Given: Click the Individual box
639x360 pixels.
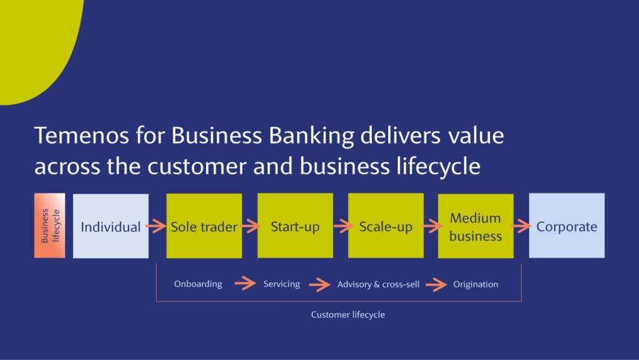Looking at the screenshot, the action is click(x=110, y=226).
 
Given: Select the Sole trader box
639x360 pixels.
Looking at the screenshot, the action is click(x=204, y=226).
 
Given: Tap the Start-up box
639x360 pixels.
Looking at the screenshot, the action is click(x=295, y=226).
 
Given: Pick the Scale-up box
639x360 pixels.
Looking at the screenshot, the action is click(x=386, y=226).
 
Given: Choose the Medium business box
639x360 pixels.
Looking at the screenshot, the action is click(x=476, y=226).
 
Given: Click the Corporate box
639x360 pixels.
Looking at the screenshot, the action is click(x=567, y=226).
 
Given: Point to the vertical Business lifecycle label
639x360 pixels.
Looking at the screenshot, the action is click(x=50, y=226).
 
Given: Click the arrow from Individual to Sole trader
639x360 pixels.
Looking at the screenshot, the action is click(x=156, y=226).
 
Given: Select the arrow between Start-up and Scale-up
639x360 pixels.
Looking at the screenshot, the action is click(x=343, y=226).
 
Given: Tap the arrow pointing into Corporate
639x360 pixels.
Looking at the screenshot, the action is click(x=521, y=226).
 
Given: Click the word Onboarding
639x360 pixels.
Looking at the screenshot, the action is click(x=198, y=284).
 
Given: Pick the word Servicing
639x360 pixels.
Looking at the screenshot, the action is click(x=281, y=284).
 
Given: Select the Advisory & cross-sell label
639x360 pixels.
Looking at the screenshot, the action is click(x=378, y=285).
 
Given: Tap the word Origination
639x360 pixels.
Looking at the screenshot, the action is click(x=476, y=285).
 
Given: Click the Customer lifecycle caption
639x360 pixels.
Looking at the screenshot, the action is click(x=348, y=314).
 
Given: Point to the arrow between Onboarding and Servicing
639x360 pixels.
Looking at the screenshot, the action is click(x=245, y=283).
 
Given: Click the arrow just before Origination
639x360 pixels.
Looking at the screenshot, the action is click(x=436, y=285).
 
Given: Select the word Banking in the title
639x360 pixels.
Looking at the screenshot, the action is click(x=311, y=136).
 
